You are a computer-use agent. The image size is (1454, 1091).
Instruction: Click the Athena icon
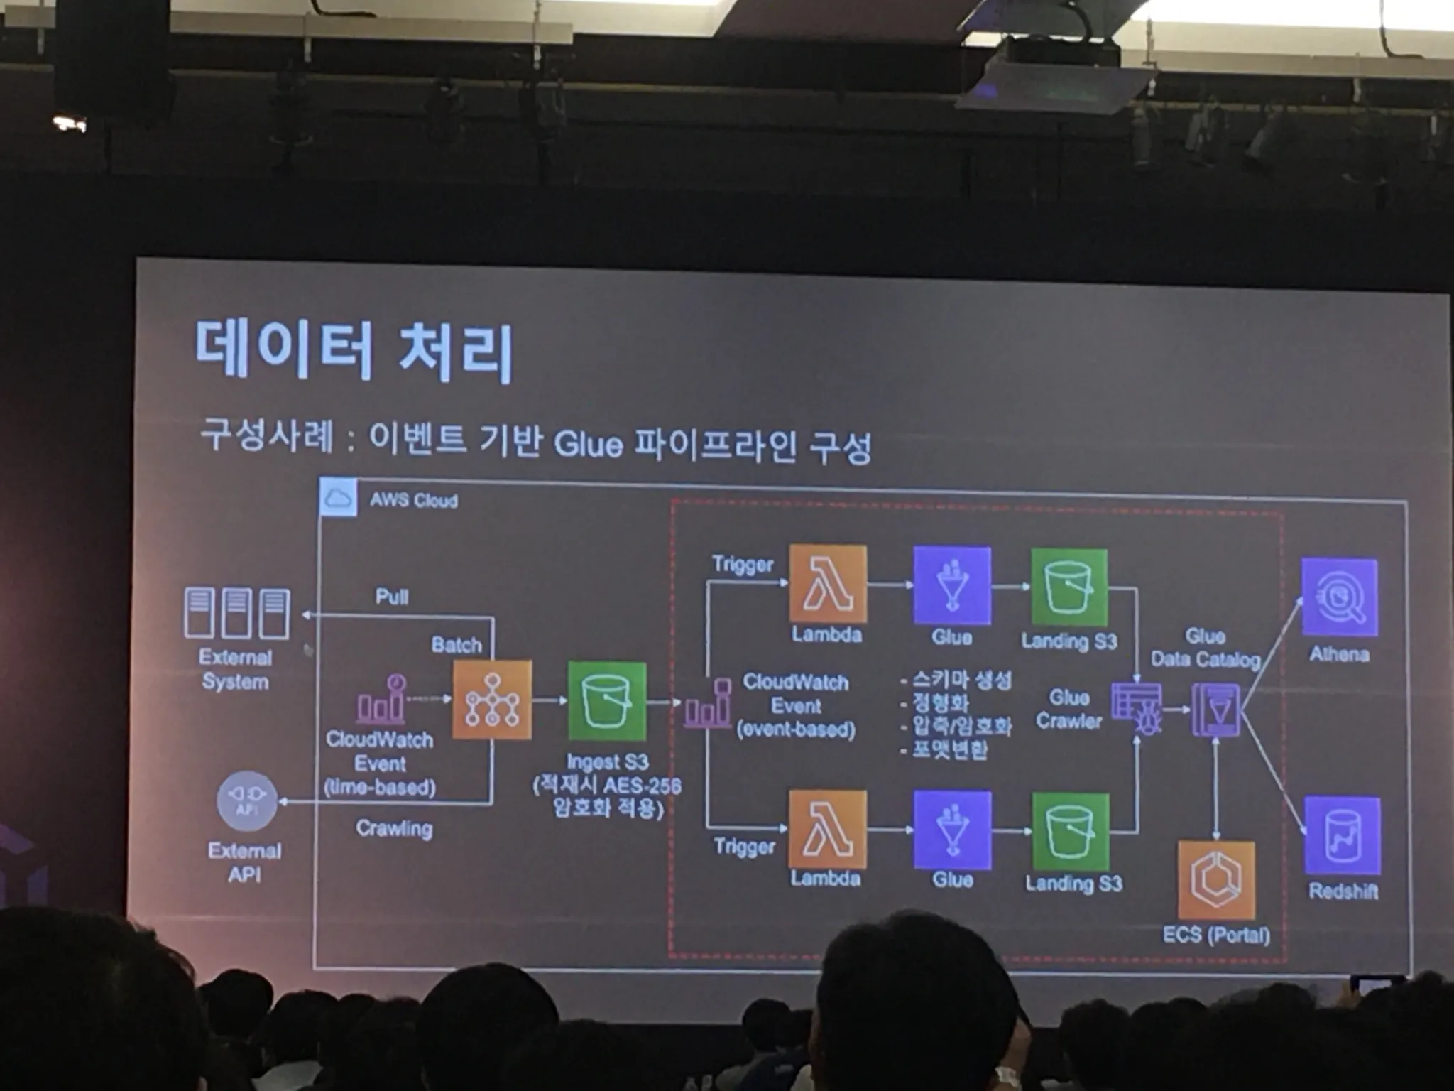[x=1339, y=597]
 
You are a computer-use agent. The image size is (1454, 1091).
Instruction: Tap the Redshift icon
[x=1342, y=835]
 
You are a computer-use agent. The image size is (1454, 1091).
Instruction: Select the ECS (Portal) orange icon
[x=1216, y=880]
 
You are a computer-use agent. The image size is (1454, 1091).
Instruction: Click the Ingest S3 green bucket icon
[x=607, y=701]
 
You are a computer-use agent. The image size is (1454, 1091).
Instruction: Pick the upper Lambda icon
[x=828, y=584]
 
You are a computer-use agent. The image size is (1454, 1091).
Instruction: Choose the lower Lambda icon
[x=826, y=829]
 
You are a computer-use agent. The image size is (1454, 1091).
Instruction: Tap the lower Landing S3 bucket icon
[x=1070, y=831]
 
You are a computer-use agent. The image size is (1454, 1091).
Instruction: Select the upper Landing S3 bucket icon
[x=1069, y=587]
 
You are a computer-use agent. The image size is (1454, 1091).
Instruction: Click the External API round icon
[x=246, y=800]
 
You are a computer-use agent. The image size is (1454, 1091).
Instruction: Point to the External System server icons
[x=237, y=612]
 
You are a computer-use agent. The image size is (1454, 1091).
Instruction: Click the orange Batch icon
[x=492, y=700]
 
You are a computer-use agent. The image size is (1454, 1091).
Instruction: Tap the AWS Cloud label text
[x=413, y=500]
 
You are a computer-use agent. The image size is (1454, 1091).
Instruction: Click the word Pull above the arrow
[x=391, y=597]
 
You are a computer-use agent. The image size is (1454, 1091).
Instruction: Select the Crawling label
[x=394, y=828]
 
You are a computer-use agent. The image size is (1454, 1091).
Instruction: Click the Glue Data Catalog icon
[x=1215, y=710]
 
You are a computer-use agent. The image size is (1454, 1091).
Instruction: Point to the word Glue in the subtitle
[x=588, y=445]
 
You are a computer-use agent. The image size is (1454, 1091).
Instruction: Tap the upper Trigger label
[x=743, y=565]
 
